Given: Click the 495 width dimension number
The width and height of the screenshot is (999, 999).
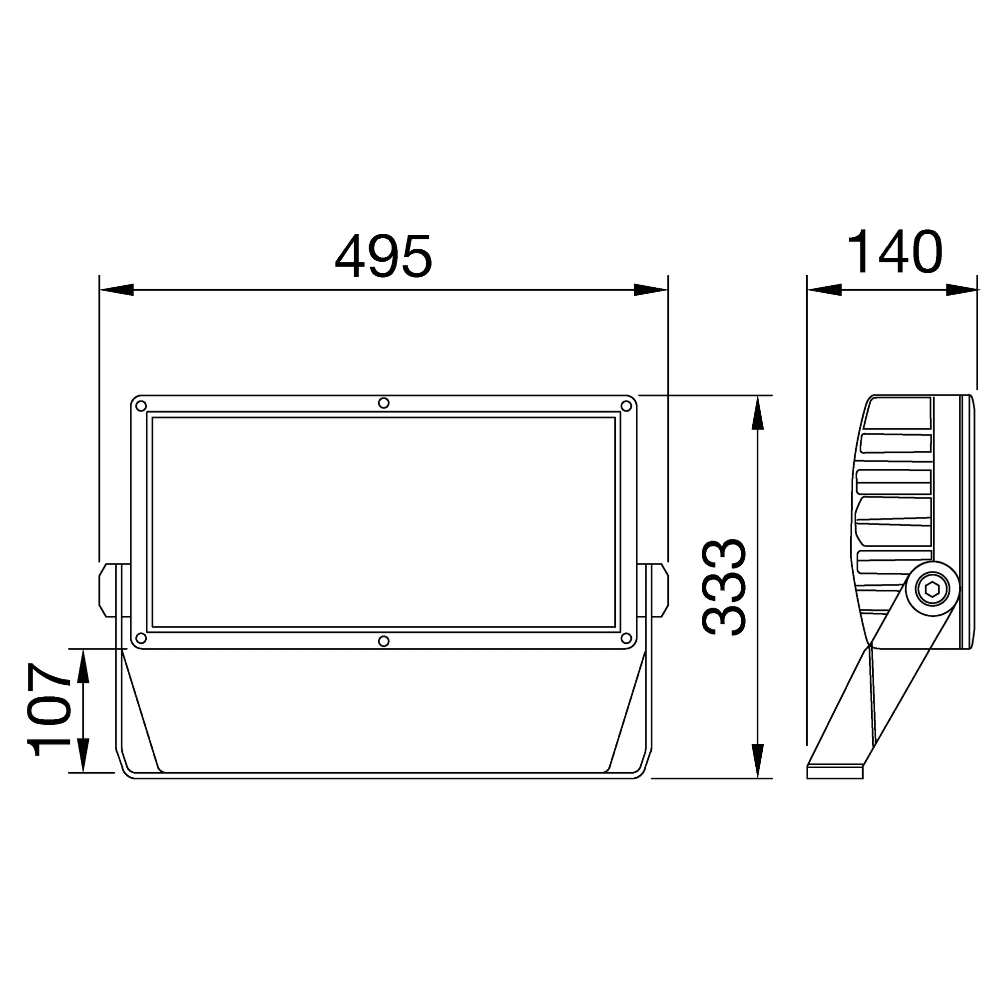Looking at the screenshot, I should pos(383,256).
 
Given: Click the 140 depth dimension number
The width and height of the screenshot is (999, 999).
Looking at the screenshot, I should pos(895,252).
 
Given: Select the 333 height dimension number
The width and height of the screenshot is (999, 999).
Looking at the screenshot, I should pos(724,587).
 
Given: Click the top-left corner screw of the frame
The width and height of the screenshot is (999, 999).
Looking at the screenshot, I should pos(141,406).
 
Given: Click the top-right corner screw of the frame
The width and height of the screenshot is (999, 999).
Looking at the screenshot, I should pos(626,406).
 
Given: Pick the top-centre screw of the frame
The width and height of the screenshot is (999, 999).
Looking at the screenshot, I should pos(383,403).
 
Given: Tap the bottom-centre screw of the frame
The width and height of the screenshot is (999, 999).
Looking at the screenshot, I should pos(383,641).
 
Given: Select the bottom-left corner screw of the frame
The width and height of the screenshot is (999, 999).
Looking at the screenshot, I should pos(141,637).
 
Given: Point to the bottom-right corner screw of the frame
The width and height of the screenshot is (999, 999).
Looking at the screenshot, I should pos(626,637).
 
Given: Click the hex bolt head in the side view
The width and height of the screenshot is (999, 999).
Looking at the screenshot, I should pos(932,589).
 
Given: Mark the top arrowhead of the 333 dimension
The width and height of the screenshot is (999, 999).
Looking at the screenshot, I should pos(757,414).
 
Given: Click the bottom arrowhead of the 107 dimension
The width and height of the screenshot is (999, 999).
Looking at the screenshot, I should pos(83,755).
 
